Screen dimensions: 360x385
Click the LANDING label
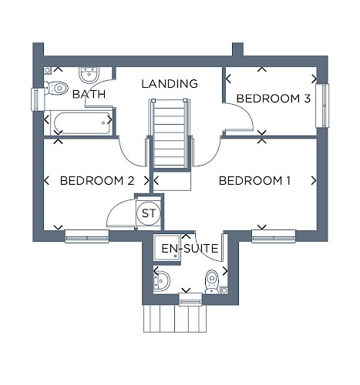170,84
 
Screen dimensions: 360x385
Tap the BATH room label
89,94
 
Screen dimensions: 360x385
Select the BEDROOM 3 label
274,99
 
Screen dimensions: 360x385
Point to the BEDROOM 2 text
97,181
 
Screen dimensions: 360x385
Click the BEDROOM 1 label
254,181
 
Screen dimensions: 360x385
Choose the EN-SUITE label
190,249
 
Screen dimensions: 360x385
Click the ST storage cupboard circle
149,213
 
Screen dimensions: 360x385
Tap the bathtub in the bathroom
81,123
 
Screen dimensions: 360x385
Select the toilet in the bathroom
56,88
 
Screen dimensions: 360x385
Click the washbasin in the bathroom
89,75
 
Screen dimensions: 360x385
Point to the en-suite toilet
212,282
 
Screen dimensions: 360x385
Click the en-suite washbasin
161,281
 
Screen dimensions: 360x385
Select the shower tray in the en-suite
167,246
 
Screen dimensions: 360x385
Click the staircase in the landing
170,133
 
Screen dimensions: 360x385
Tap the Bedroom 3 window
322,105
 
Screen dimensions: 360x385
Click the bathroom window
38,99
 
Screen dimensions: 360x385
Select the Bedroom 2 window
87,236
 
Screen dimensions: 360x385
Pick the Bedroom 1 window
274,236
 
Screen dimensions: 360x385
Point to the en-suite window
190,300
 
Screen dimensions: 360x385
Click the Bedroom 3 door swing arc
247,113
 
